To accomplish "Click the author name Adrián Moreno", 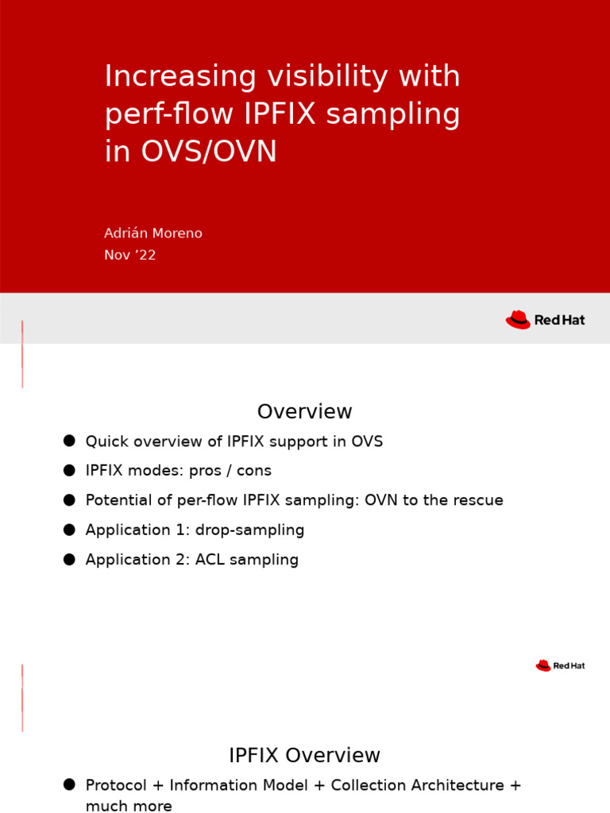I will pyautogui.click(x=153, y=233).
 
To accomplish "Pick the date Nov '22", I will pyautogui.click(x=130, y=255).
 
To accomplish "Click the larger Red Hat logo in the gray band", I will pyautogui.click(x=545, y=320).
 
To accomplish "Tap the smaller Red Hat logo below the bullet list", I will pyautogui.click(x=559, y=665).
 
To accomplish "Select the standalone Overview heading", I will pyautogui.click(x=304, y=412).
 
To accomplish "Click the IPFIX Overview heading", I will pyautogui.click(x=304, y=756).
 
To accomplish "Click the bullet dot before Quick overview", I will pyautogui.click(x=69, y=441).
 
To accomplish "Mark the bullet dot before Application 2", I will pyautogui.click(x=69, y=559).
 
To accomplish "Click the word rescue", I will pyautogui.click(x=479, y=500).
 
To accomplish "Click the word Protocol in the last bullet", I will pyautogui.click(x=116, y=785).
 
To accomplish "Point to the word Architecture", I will pyautogui.click(x=462, y=785).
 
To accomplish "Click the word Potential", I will pyautogui.click(x=118, y=500).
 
